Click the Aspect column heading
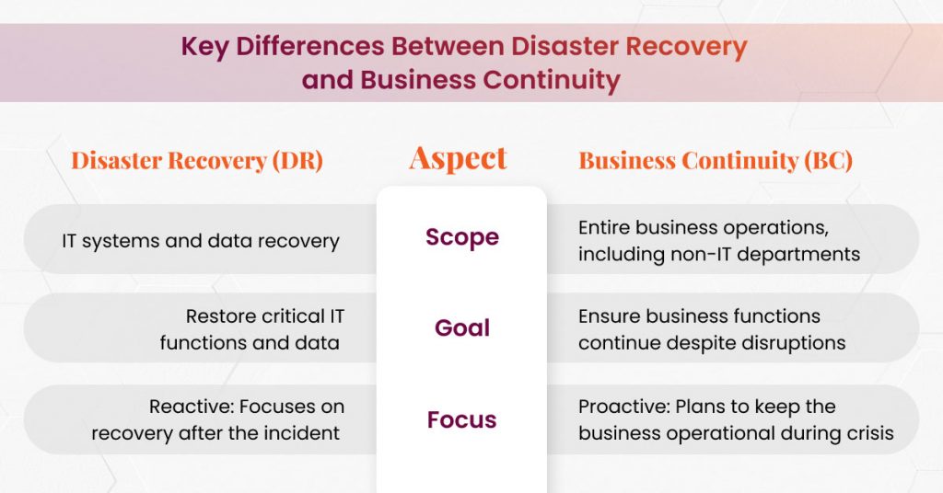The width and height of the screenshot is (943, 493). [458, 158]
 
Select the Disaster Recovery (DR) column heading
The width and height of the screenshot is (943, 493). [197, 160]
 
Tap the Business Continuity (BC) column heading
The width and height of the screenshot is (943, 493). [716, 160]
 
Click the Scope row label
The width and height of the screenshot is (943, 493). [462, 237]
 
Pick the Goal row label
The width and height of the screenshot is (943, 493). [462, 328]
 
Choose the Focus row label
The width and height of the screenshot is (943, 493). [461, 420]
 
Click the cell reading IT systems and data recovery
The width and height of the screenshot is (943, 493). [201, 241]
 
